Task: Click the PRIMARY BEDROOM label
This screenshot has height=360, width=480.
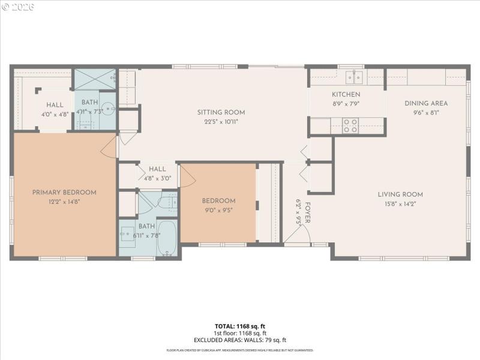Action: pyautogui.click(x=64, y=192)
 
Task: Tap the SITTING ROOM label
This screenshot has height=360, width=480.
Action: pyautogui.click(x=221, y=112)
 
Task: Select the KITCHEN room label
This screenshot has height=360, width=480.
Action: pyautogui.click(x=346, y=95)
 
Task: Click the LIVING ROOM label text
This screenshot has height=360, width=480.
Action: pyautogui.click(x=400, y=194)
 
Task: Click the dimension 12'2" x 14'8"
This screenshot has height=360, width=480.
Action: pyautogui.click(x=64, y=202)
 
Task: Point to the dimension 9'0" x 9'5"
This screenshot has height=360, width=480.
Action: pyautogui.click(x=218, y=210)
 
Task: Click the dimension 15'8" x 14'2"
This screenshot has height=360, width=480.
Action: pyautogui.click(x=400, y=204)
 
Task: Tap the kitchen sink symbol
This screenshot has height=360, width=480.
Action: pyautogui.click(x=355, y=76)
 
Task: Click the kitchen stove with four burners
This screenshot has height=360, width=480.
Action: pyautogui.click(x=350, y=125)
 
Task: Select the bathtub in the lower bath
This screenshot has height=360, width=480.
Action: pyautogui.click(x=168, y=238)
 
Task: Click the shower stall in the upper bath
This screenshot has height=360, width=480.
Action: pyautogui.click(x=94, y=79)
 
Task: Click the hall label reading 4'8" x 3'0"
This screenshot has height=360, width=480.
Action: pyautogui.click(x=157, y=178)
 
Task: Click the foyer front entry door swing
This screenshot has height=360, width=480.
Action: pyautogui.click(x=297, y=237)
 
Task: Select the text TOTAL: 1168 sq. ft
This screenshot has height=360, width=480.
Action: pyautogui.click(x=240, y=326)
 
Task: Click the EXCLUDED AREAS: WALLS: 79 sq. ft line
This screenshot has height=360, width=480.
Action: pyautogui.click(x=240, y=340)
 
